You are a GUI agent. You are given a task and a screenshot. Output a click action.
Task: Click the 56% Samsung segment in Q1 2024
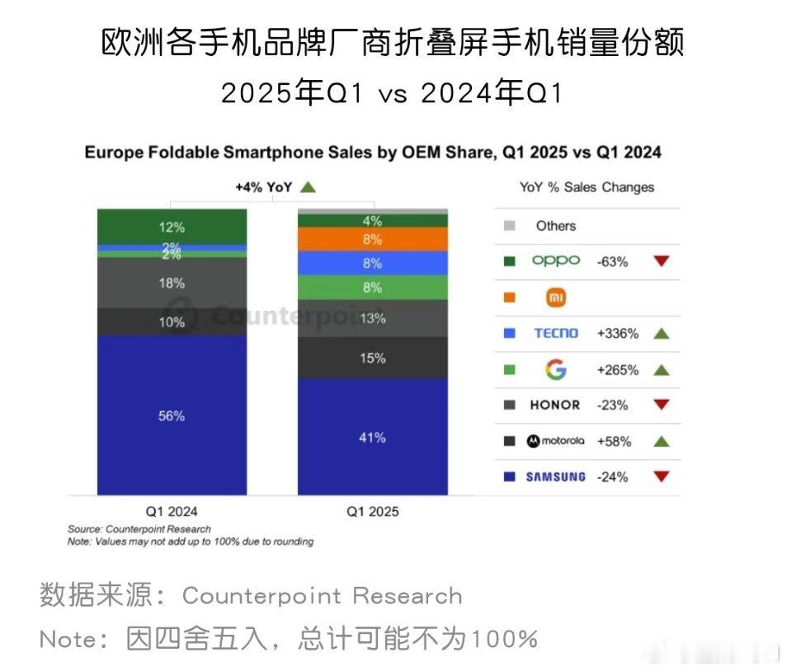tap(172, 415)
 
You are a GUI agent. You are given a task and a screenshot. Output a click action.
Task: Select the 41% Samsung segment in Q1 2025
tap(372, 437)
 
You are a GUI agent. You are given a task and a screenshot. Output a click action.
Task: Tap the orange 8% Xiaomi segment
tap(372, 239)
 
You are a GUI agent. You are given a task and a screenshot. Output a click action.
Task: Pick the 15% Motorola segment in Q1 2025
tap(372, 358)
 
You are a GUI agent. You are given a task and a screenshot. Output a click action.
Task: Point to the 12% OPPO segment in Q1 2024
tap(172, 227)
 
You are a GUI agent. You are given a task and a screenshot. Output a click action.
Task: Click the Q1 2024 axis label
tap(172, 511)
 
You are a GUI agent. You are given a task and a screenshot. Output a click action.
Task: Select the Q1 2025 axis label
tap(372, 511)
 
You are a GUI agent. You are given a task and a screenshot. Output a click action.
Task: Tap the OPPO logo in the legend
tap(555, 261)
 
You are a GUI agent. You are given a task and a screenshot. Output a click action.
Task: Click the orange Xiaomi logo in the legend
tap(556, 298)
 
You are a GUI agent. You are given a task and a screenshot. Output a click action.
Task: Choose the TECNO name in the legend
tap(556, 333)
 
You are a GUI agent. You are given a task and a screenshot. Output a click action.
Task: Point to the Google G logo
tap(556, 369)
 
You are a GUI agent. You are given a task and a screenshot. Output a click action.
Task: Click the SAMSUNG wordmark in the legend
tap(556, 476)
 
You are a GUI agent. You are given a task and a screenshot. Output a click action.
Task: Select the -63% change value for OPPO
tap(612, 261)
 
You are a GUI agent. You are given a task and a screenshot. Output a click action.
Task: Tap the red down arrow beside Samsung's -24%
tap(661, 476)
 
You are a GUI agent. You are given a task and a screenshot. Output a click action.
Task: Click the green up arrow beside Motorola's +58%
tap(661, 441)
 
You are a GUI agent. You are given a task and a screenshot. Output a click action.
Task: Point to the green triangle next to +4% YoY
tap(308, 187)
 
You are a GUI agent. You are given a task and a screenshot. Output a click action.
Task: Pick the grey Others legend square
tap(509, 226)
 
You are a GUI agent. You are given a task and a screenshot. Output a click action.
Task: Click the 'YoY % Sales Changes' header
tap(587, 187)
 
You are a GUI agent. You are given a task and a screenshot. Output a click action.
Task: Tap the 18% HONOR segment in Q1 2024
tap(172, 283)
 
